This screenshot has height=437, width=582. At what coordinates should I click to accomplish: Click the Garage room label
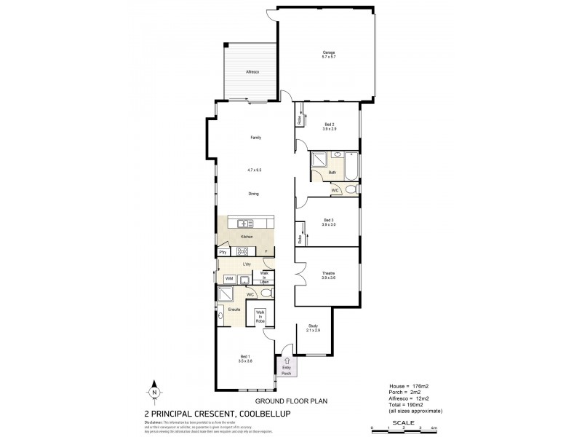click(x=328, y=52)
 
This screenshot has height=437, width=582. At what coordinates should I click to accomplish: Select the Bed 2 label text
click(x=329, y=125)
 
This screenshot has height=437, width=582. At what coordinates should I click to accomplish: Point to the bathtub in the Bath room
click(x=352, y=165)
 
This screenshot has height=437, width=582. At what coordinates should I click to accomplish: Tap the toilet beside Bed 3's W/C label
click(x=350, y=189)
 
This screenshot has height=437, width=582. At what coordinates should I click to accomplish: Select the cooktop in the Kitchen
click(x=242, y=251)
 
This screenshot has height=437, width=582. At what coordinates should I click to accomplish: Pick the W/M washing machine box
click(x=228, y=278)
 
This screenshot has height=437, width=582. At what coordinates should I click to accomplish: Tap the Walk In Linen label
click(x=268, y=277)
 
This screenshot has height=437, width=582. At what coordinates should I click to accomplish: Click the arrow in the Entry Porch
click(x=286, y=361)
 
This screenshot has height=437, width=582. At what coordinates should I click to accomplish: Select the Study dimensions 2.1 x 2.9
click(x=314, y=331)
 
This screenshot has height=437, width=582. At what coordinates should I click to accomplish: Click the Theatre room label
click(x=328, y=272)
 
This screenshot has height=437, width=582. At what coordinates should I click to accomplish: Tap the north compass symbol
click(x=155, y=392)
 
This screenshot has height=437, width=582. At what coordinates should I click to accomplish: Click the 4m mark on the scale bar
click(x=434, y=428)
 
